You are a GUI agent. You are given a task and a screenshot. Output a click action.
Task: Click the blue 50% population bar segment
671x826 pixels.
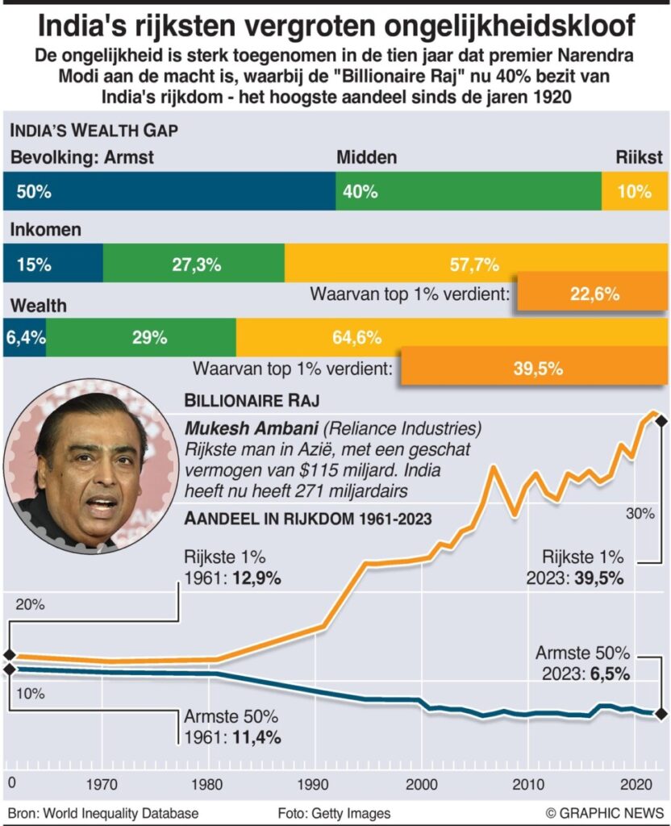(169, 192)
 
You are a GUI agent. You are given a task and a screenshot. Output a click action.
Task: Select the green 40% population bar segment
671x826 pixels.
(468, 192)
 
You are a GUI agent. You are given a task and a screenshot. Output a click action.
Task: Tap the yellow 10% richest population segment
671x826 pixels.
(635, 192)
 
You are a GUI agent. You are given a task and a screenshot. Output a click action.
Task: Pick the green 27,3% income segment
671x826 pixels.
(194, 265)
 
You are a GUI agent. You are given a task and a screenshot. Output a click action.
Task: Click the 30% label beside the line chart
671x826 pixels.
(640, 513)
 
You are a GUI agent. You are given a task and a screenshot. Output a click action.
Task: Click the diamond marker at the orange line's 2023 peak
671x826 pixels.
(661, 419)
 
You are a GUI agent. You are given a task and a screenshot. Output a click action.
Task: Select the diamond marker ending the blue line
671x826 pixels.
(661, 713)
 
